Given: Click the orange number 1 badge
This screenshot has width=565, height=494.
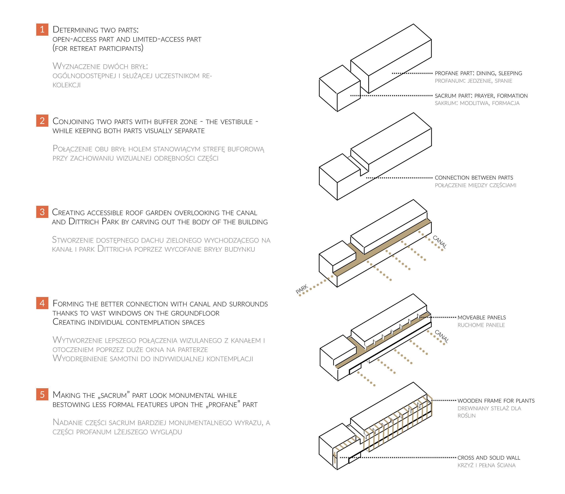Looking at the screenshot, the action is [x=42, y=29].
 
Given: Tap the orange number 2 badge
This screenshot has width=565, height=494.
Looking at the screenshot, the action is [x=42, y=121].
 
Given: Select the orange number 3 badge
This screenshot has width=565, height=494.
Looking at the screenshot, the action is [x=42, y=212].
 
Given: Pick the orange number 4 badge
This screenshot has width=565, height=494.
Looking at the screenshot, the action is [x=42, y=303].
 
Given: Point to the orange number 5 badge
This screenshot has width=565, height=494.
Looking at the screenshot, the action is [x=42, y=394].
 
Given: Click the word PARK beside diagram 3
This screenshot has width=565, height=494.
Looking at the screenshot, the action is [x=302, y=289].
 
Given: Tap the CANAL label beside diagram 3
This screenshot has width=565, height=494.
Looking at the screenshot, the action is [x=440, y=242].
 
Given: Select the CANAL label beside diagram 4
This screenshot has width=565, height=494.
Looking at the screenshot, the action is [x=442, y=336].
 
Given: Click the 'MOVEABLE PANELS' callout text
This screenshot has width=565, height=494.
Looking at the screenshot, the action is [x=482, y=318].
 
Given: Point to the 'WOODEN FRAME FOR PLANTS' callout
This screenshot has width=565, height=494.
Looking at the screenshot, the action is [x=496, y=401].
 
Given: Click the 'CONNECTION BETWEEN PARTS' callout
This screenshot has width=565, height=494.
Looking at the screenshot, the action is [x=474, y=178].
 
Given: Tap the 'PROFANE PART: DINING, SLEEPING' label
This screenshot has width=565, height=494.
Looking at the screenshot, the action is [x=478, y=73].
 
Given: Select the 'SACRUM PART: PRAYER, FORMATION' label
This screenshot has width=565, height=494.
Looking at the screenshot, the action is [x=481, y=96].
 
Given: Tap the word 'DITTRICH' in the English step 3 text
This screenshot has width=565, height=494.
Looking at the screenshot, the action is [x=84, y=222].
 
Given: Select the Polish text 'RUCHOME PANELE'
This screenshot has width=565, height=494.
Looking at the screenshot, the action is [x=481, y=325].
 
